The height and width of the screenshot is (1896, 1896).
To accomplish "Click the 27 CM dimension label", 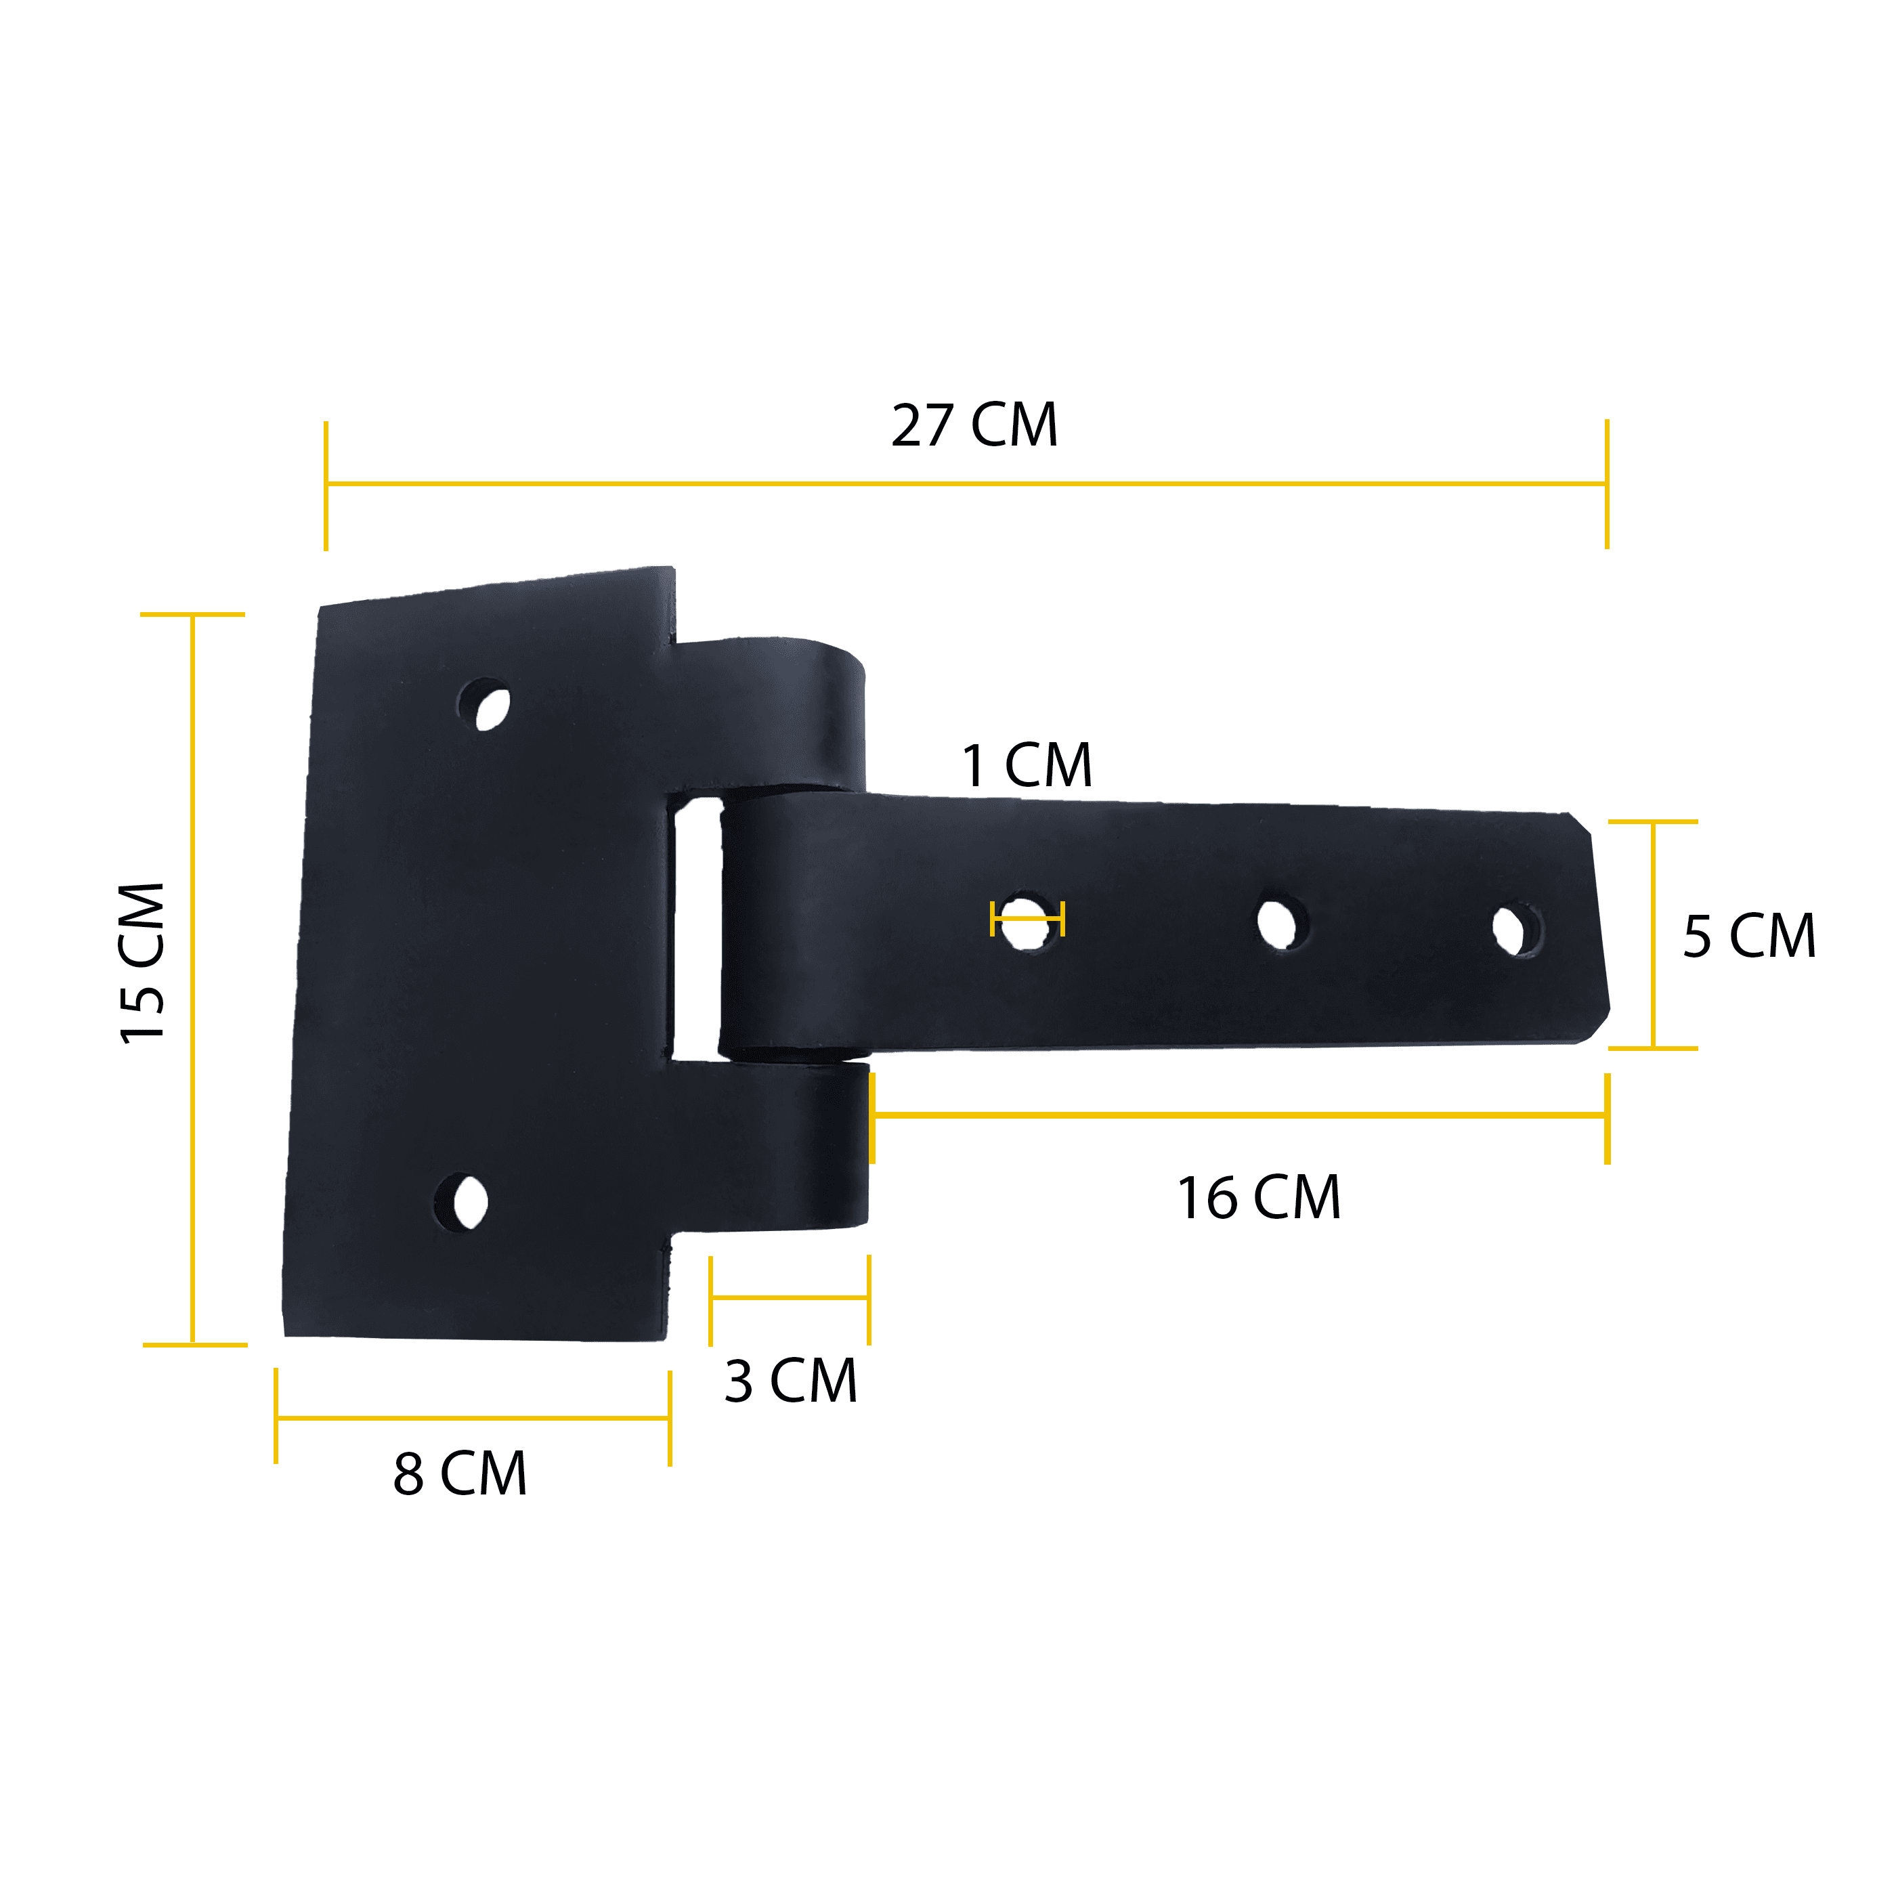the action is click(x=974, y=425).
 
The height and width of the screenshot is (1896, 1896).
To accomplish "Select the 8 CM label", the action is click(x=460, y=1474).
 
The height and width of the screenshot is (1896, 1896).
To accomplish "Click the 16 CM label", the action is click(x=1259, y=1199).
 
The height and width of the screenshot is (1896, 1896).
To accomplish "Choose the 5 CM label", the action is click(x=1750, y=936).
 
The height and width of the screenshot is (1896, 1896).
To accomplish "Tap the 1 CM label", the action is click(x=1027, y=765).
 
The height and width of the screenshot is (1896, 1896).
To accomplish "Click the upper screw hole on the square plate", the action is click(x=485, y=705).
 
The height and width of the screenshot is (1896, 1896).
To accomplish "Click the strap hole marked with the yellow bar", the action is click(x=1027, y=920).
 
